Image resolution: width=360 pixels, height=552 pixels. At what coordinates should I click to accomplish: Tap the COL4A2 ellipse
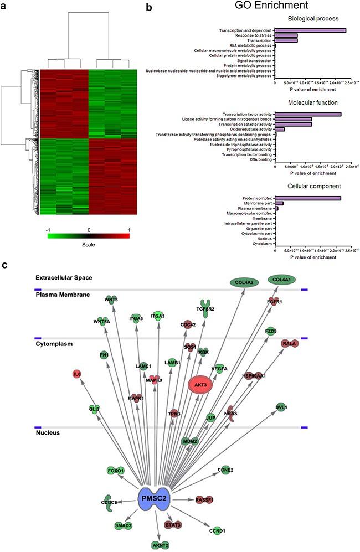pos(245,282)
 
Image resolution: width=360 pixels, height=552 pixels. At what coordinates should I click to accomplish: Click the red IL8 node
pos(78,375)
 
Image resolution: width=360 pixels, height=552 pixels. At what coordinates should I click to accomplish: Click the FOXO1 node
pos(115,471)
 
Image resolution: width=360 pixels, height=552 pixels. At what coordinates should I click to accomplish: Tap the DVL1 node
pos(282,407)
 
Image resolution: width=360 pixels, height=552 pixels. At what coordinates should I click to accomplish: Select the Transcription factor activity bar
pos(308,114)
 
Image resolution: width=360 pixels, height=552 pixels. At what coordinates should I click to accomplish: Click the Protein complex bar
pos(308,198)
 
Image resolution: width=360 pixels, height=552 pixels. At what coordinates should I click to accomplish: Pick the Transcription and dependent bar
pos(310,30)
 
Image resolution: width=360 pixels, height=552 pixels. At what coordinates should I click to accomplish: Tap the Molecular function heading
pos(310,102)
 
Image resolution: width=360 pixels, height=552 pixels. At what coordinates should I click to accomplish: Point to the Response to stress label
pos(253,35)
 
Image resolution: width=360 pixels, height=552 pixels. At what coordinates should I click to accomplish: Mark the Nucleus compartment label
pos(48,432)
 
